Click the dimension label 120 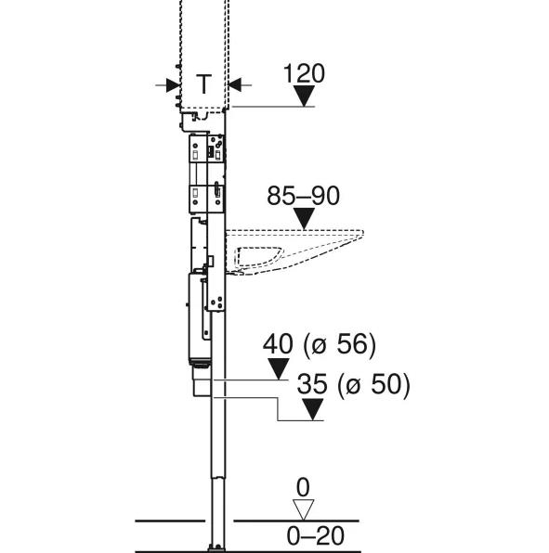coord(304,73)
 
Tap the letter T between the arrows coord(203,84)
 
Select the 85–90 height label coord(303,196)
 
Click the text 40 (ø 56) coord(320,344)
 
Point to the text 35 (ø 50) coord(353,384)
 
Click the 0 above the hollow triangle coord(303,487)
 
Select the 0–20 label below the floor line coord(315,535)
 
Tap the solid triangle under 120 coord(304,96)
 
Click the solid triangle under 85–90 coord(304,218)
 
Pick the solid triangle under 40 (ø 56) coord(279,369)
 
